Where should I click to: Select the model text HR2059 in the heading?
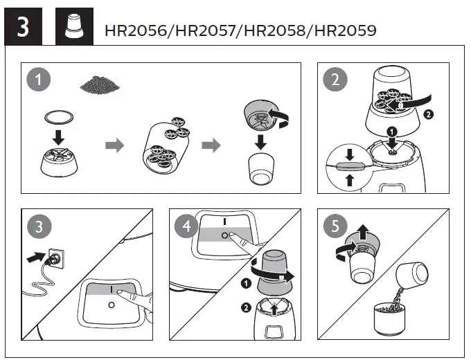click(342, 30)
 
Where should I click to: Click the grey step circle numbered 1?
click(39, 80)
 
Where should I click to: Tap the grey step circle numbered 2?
click(335, 80)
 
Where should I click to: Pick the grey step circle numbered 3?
click(39, 226)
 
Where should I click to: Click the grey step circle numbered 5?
click(335, 226)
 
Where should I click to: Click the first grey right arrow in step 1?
click(114, 146)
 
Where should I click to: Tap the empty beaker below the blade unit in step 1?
click(262, 170)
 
